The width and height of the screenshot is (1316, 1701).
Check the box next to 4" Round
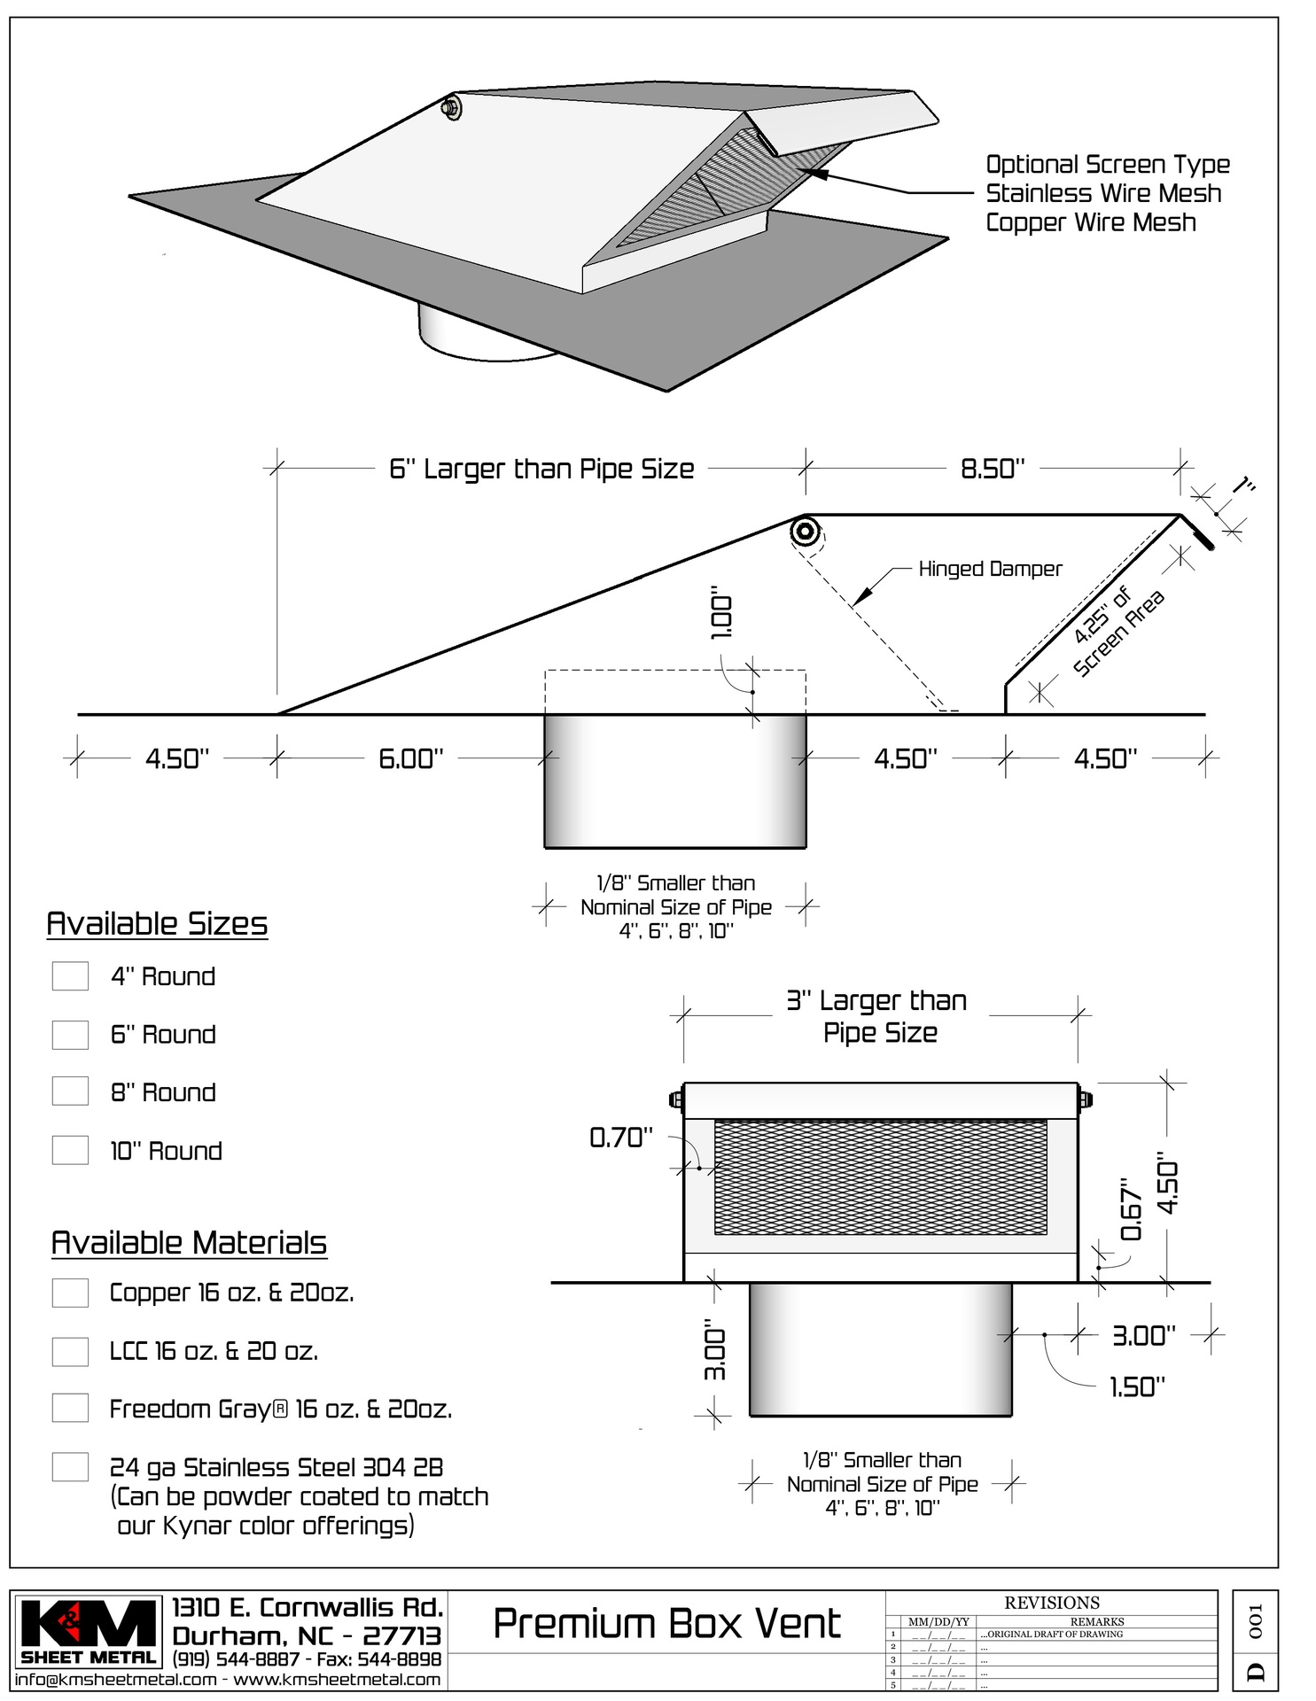click(x=70, y=976)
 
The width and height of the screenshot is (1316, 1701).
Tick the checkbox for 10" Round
click(x=70, y=1151)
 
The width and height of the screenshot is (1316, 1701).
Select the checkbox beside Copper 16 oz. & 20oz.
click(x=70, y=1293)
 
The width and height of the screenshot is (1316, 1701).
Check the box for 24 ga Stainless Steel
click(x=70, y=1467)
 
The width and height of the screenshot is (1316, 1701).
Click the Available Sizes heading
click(x=157, y=924)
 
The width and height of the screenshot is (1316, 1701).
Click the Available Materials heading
click(x=189, y=1243)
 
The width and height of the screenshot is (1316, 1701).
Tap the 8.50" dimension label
click(x=993, y=468)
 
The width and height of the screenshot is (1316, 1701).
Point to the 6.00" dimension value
click(x=410, y=758)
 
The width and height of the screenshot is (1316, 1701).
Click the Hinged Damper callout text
click(x=990, y=569)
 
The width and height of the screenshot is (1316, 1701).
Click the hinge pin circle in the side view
click(x=806, y=533)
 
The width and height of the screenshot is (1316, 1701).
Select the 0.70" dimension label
click(x=621, y=1138)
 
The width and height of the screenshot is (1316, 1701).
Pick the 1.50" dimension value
click(x=1137, y=1386)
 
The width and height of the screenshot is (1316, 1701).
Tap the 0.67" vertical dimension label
click(x=1132, y=1209)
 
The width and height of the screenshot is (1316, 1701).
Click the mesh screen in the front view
click(x=880, y=1177)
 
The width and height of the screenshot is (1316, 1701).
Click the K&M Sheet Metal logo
click(x=88, y=1631)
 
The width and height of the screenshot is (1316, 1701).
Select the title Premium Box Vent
click(x=666, y=1624)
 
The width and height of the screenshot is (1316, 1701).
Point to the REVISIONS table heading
click(x=1051, y=1603)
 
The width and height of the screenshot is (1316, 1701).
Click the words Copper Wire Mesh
click(x=1091, y=222)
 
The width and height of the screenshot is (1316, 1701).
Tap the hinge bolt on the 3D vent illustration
click(x=450, y=108)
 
